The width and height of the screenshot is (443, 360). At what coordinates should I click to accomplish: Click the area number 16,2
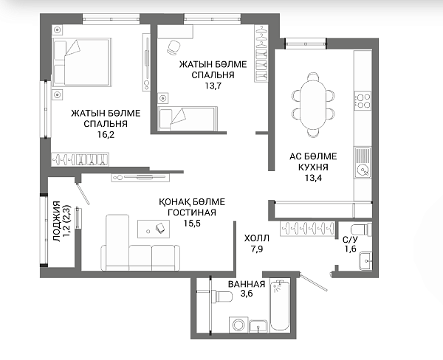[x=106, y=135]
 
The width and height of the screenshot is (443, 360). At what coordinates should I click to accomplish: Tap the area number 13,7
[x=213, y=86]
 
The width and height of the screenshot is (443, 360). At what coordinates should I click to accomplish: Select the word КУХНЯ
[x=313, y=167]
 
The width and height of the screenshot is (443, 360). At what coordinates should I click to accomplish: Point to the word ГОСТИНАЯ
[x=192, y=212]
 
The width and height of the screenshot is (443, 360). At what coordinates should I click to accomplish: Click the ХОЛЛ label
[x=257, y=238]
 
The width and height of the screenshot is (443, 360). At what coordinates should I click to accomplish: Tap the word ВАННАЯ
[x=247, y=284]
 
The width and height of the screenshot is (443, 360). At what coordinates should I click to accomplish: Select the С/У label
[x=350, y=240]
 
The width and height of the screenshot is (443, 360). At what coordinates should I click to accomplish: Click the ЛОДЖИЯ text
[x=57, y=221]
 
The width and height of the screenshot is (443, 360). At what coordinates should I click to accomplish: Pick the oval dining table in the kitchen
[x=313, y=105]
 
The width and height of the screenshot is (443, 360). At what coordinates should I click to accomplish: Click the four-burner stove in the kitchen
[x=363, y=101]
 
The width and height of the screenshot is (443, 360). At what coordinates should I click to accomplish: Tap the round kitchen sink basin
[x=363, y=170]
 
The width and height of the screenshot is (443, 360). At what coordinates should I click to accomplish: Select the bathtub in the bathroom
[x=280, y=306]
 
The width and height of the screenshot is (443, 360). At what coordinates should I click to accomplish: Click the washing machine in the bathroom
[x=238, y=325]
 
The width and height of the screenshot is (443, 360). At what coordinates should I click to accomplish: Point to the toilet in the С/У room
[x=361, y=229]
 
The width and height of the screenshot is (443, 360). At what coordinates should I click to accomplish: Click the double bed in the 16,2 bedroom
[x=82, y=62]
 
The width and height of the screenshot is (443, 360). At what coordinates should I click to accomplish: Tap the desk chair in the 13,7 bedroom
[x=173, y=47]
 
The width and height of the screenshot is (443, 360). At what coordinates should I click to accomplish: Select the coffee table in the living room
[x=154, y=229]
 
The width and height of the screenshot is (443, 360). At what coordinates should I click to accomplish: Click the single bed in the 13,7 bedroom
[x=188, y=119]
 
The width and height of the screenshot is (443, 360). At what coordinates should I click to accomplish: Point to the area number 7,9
[x=257, y=249]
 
